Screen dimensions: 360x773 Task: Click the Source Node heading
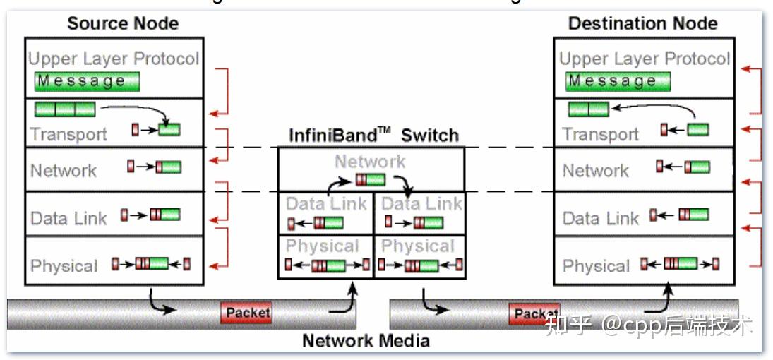(122, 23)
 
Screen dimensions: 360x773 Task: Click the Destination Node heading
(642, 23)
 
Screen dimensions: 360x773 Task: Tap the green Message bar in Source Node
(87, 82)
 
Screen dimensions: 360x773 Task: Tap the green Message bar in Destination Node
(618, 82)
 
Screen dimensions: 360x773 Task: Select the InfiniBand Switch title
(373, 135)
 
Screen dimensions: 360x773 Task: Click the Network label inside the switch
(370, 162)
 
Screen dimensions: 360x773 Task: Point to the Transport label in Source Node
(68, 134)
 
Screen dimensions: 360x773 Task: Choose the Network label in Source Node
(64, 170)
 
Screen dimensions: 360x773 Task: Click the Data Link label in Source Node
(69, 218)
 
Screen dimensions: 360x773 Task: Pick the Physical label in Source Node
(64, 266)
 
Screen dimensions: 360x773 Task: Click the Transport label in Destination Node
(601, 134)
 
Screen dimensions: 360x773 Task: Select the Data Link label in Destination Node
(601, 218)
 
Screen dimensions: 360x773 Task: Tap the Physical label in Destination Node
(597, 266)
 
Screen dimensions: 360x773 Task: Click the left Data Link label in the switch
(326, 204)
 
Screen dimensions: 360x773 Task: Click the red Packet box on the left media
(247, 312)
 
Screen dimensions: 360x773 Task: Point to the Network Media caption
(366, 341)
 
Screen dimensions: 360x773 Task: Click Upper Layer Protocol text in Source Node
(114, 59)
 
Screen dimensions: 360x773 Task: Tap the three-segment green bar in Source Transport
(65, 109)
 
